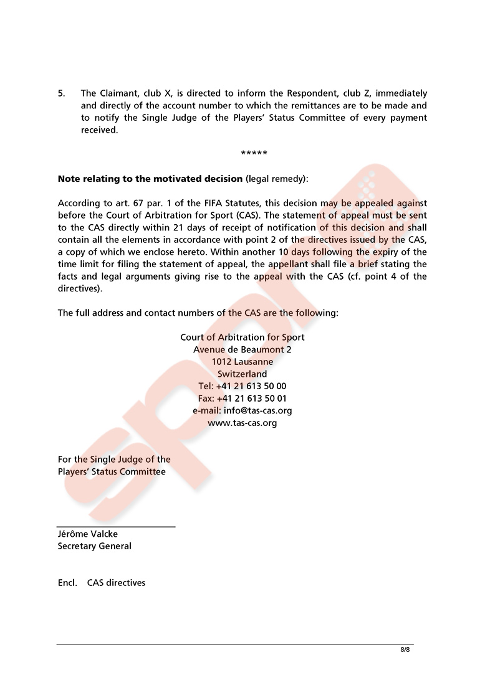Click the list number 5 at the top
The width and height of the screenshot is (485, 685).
point(61,93)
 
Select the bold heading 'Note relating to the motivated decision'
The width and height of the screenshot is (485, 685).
point(150,179)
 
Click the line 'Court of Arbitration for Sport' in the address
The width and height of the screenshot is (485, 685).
point(242,338)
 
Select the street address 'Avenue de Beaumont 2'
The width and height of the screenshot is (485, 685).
point(242,350)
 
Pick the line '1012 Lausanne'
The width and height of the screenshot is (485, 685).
point(242,362)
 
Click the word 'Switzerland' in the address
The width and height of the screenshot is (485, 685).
point(242,374)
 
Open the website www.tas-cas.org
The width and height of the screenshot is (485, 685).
point(242,423)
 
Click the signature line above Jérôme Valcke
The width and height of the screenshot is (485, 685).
point(116,527)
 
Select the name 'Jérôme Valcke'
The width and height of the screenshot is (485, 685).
point(87,534)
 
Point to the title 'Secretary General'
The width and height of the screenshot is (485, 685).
point(94,546)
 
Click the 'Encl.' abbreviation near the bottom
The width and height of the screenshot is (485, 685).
point(67,583)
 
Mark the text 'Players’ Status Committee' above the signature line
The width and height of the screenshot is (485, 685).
point(112,472)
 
